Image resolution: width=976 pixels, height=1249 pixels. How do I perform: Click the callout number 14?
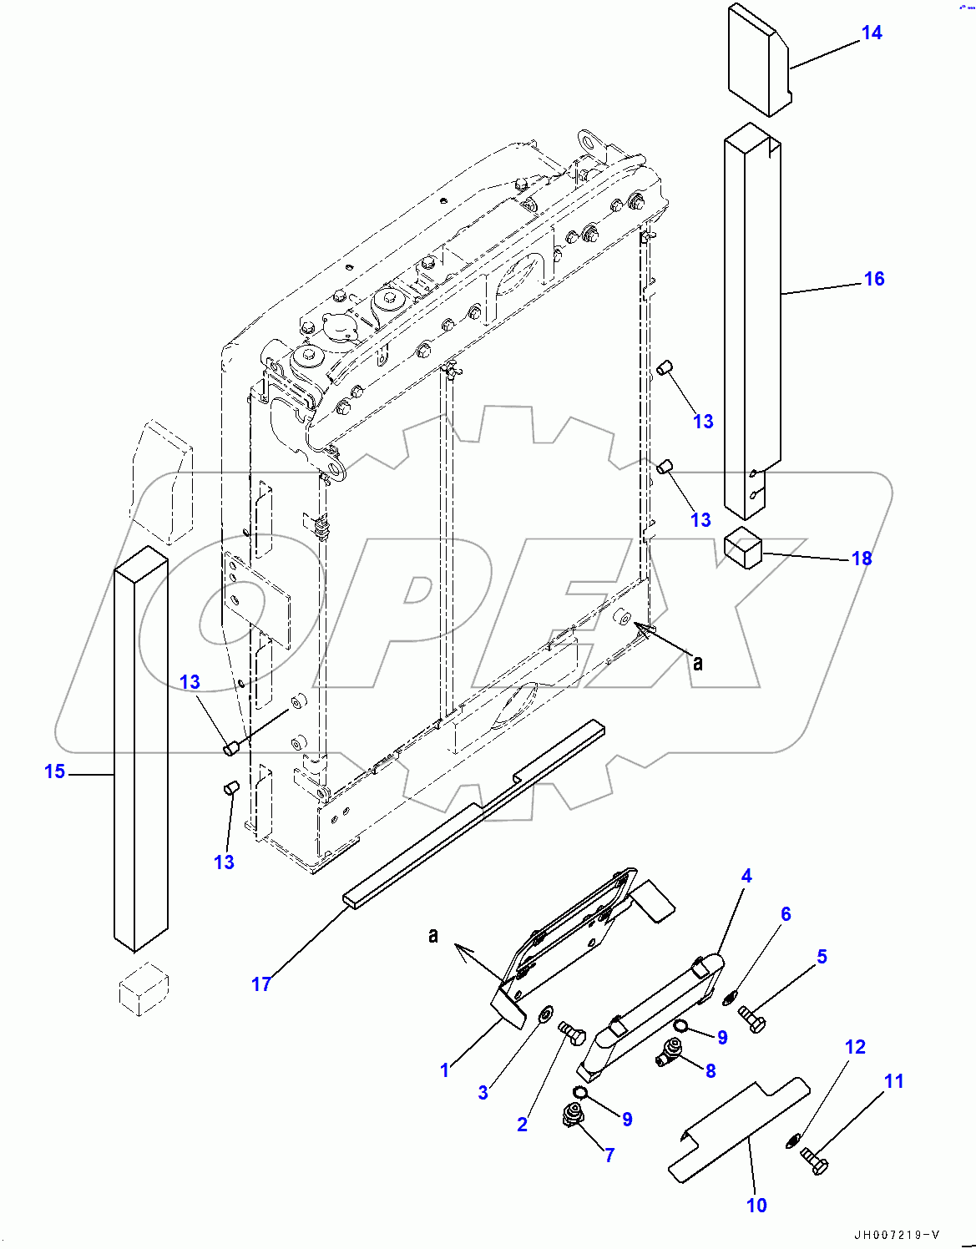871,33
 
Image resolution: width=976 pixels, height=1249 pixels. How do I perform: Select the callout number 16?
873,279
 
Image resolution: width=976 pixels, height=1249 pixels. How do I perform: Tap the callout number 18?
861,559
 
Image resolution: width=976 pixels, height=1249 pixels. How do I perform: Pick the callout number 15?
54,771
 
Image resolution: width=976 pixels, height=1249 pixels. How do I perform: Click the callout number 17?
260,984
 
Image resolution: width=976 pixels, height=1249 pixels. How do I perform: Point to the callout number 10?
756,1205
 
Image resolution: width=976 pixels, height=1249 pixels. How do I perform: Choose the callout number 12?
855,1047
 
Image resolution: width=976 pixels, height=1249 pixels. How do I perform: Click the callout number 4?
746,876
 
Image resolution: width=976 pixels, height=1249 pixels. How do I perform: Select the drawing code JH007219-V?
897,1235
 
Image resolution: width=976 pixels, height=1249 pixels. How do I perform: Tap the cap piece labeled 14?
757,58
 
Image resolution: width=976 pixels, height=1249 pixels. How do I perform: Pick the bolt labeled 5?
752,1019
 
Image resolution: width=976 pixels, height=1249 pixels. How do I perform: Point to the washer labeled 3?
544,1014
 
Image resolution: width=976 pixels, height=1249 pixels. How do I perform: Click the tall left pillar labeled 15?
140,751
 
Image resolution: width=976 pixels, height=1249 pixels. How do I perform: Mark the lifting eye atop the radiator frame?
591,141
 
